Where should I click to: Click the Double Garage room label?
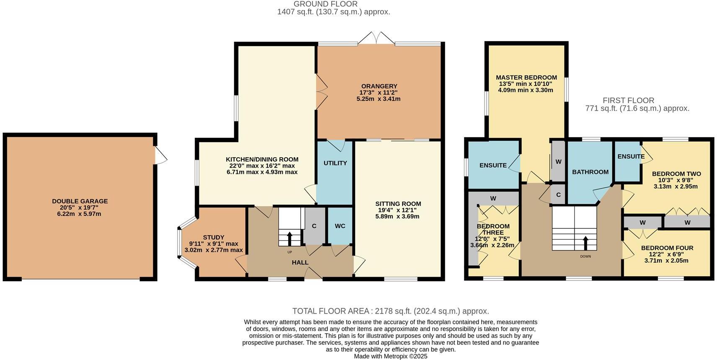tap(80, 201)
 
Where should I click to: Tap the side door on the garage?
tap(160, 155)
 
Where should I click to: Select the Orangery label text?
tap(378, 86)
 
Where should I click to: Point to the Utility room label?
tap(335, 163)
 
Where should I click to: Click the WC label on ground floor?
tap(340, 226)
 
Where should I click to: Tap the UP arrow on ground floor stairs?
tap(289, 238)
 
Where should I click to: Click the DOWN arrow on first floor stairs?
tap(585, 243)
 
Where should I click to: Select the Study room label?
tap(213, 237)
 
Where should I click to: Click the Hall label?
tap(300, 262)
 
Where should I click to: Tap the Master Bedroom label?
tap(526, 78)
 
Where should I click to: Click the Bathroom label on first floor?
tap(590, 172)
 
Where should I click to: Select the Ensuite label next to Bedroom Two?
tap(631, 156)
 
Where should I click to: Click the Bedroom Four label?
tap(667, 248)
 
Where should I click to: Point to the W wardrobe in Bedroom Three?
tap(493, 198)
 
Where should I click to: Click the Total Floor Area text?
tap(390, 311)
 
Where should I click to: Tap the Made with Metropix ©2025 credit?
tap(390, 356)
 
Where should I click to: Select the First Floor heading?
tap(628, 100)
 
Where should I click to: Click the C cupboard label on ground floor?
tap(314, 226)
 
